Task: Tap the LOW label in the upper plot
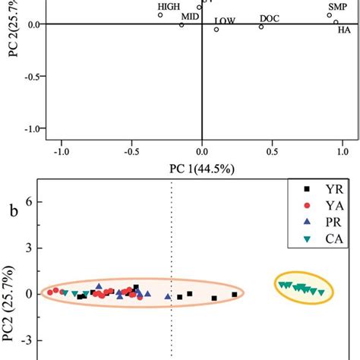click(x=225, y=21)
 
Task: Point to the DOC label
click(x=269, y=17)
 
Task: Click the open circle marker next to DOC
click(x=261, y=27)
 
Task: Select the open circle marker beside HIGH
click(x=160, y=14)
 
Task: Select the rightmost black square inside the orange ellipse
click(x=235, y=294)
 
